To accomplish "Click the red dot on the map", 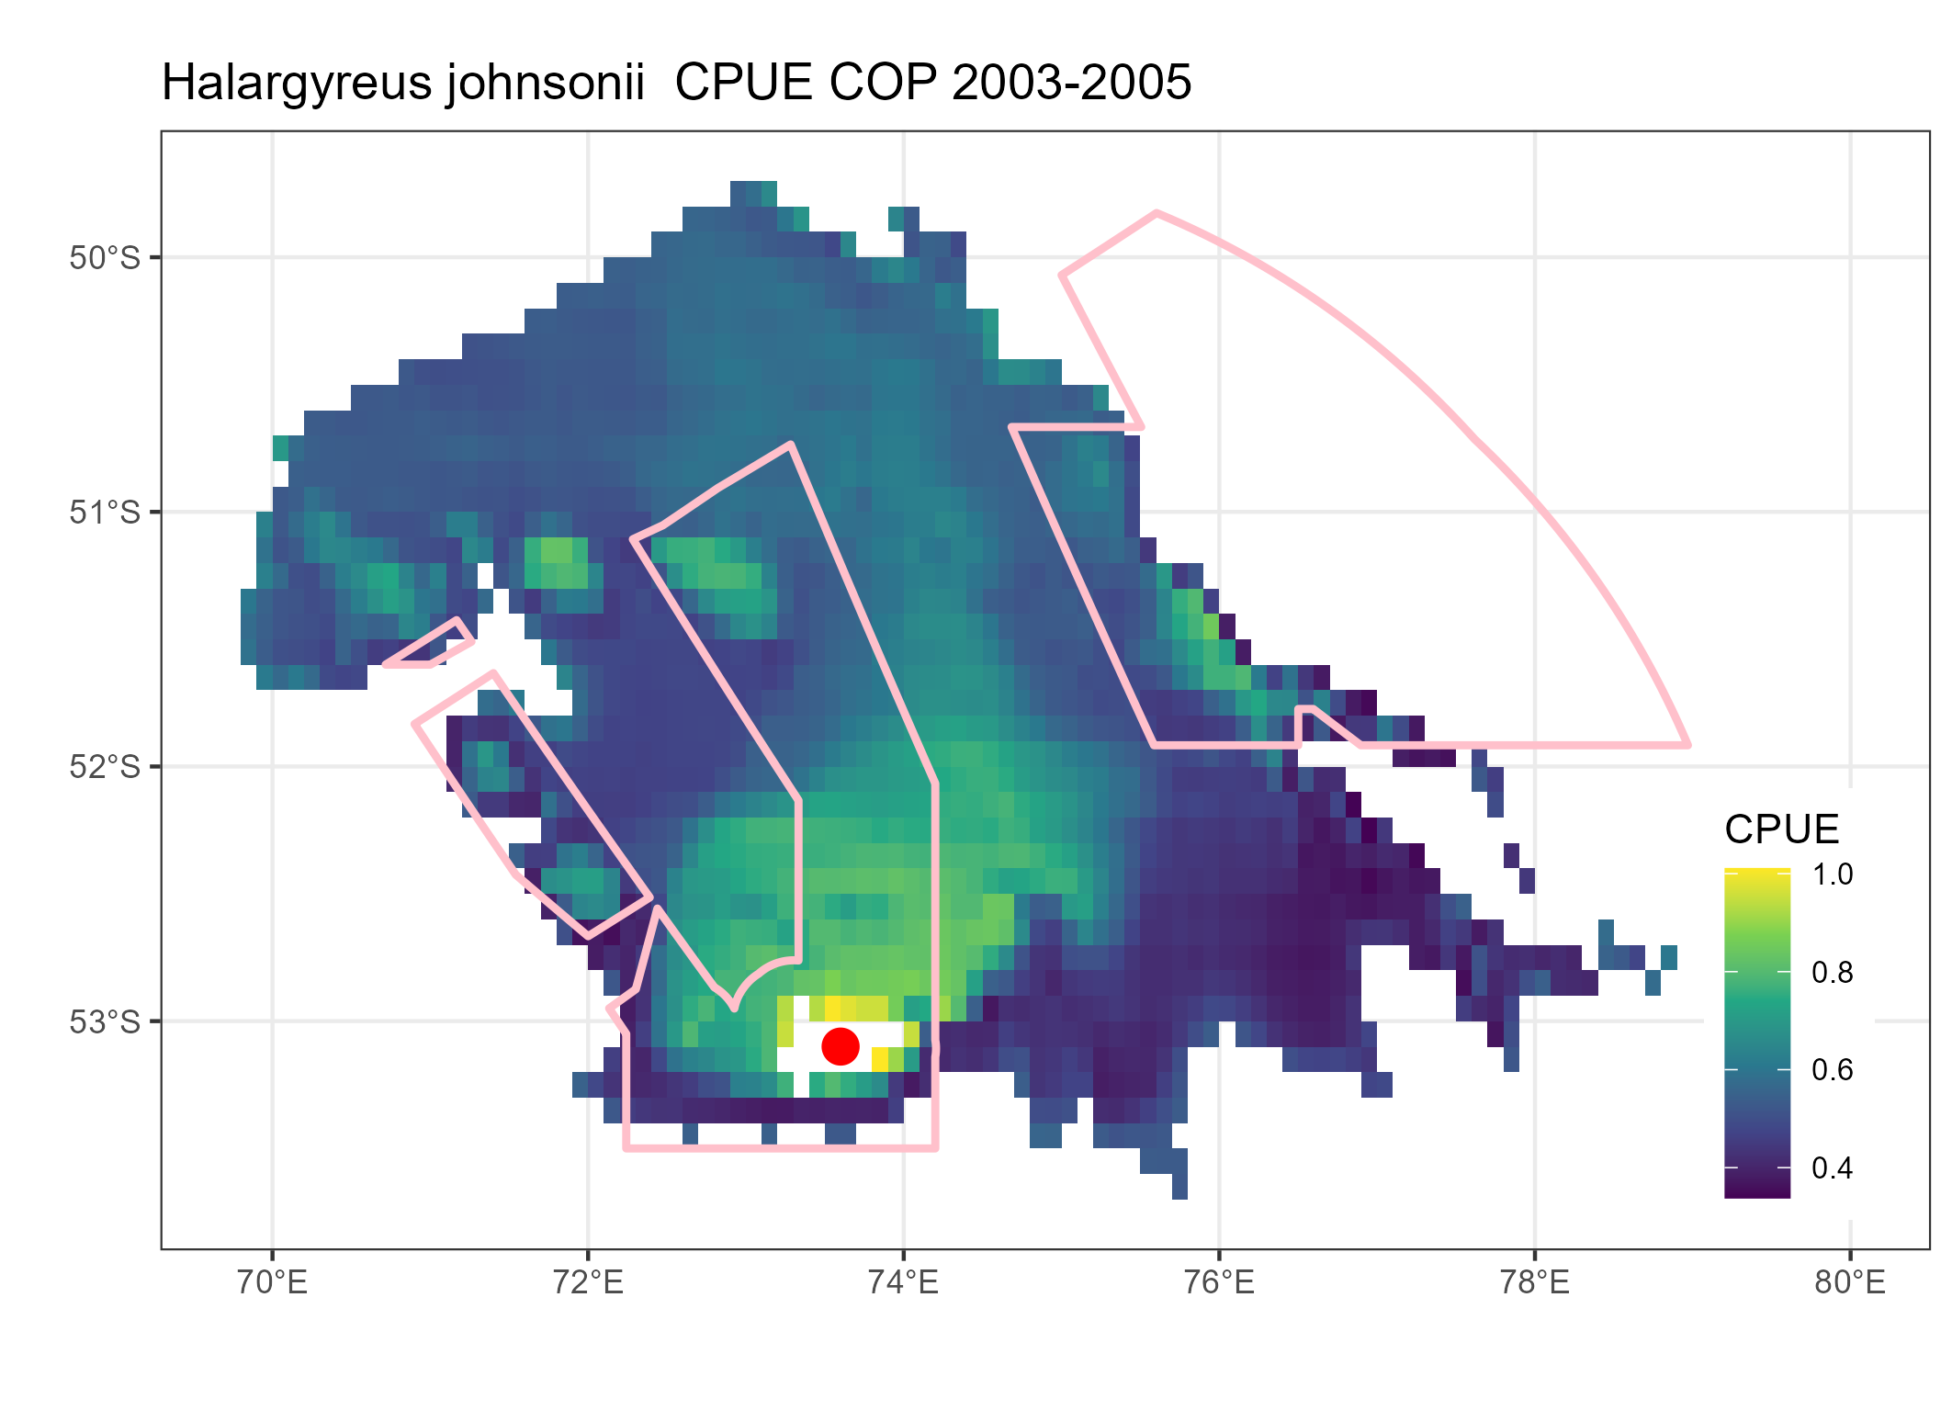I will [x=840, y=1045].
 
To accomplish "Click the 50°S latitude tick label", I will [x=105, y=257].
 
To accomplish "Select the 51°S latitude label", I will [x=105, y=512].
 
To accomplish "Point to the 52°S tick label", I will [x=105, y=766].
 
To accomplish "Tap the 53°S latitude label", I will [x=105, y=1021].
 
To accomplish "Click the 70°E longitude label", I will [x=272, y=1282].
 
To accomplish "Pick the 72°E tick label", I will [x=588, y=1282].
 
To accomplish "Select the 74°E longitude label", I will [x=904, y=1282].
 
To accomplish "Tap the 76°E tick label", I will [x=1219, y=1282].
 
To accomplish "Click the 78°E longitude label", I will [x=1535, y=1282].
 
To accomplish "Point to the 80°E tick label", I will [x=1850, y=1282].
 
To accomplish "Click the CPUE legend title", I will [x=1781, y=829].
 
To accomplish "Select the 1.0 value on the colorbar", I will [x=1832, y=874].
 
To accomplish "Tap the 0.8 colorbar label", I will [x=1832, y=972].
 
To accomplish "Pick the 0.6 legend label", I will [x=1832, y=1069].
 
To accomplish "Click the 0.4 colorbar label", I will [x=1832, y=1168].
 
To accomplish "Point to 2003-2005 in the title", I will [x=1071, y=84].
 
